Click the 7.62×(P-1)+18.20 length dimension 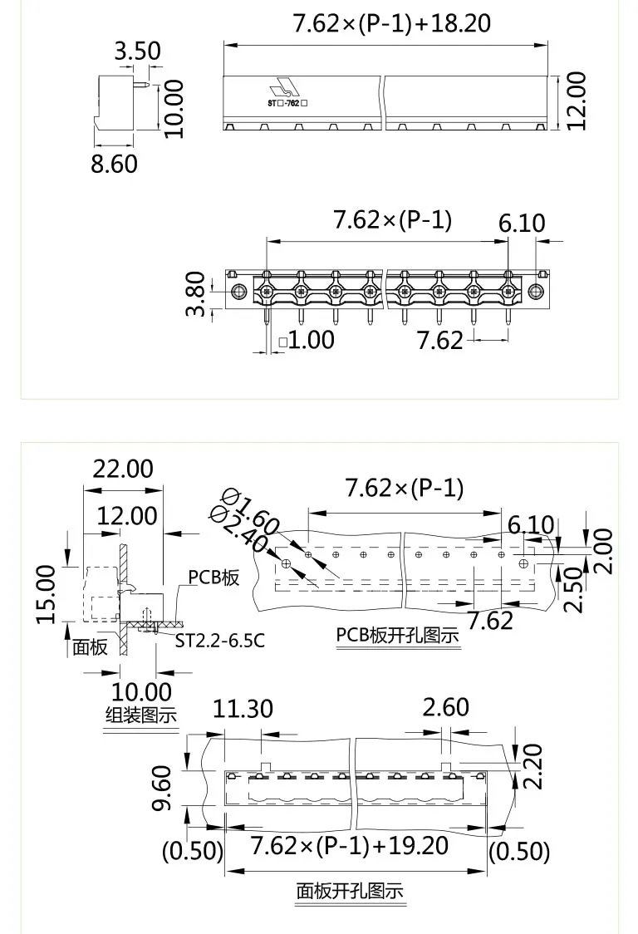[391, 22]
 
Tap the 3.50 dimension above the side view [137, 51]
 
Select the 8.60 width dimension [114, 163]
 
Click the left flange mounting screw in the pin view [238, 292]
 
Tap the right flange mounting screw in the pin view [536, 292]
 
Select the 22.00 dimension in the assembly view [122, 469]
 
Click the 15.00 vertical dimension [47, 593]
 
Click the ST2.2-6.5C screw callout [219, 641]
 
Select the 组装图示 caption [141, 715]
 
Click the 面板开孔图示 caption [350, 891]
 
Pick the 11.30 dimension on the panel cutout [243, 708]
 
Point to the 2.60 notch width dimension [445, 708]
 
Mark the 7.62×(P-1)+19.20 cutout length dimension [349, 846]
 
